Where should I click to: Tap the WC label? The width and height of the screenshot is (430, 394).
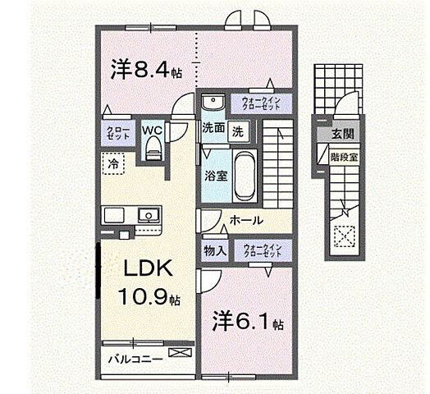tap(152, 129)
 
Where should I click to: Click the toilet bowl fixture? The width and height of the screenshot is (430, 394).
tap(153, 148)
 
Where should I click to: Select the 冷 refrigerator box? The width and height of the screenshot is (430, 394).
tap(111, 163)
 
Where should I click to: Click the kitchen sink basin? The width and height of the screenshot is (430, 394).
tap(148, 216)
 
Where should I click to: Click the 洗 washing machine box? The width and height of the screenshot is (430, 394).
tap(238, 128)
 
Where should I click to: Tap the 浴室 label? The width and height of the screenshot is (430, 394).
tap(215, 175)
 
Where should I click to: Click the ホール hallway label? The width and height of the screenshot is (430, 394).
tap(246, 221)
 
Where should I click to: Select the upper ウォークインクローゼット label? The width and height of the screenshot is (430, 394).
tap(262, 104)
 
